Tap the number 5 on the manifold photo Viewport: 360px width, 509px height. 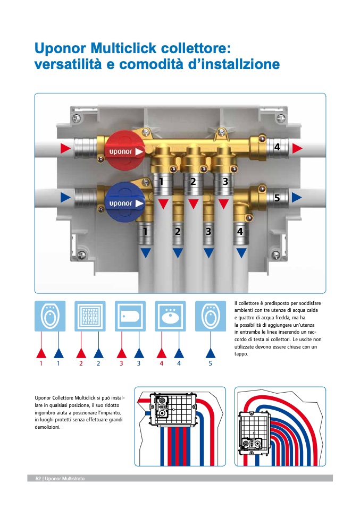point(277,198)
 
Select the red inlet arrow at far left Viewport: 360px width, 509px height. point(65,148)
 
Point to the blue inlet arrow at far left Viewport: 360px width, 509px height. point(65,198)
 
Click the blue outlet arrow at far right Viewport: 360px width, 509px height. point(297,197)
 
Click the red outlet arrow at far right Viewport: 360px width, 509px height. point(297,148)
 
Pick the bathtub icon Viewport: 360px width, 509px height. point(130,317)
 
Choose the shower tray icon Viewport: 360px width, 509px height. point(90,317)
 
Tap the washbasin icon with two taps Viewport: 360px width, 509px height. point(170,317)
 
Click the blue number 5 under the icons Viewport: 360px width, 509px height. point(210,364)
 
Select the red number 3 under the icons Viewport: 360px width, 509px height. point(121,364)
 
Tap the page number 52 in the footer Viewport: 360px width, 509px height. point(38,479)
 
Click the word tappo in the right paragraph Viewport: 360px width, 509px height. point(241,354)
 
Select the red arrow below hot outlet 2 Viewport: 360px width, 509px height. point(194,203)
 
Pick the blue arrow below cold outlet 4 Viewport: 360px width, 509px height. point(241,253)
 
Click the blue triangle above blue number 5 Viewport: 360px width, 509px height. point(210,352)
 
